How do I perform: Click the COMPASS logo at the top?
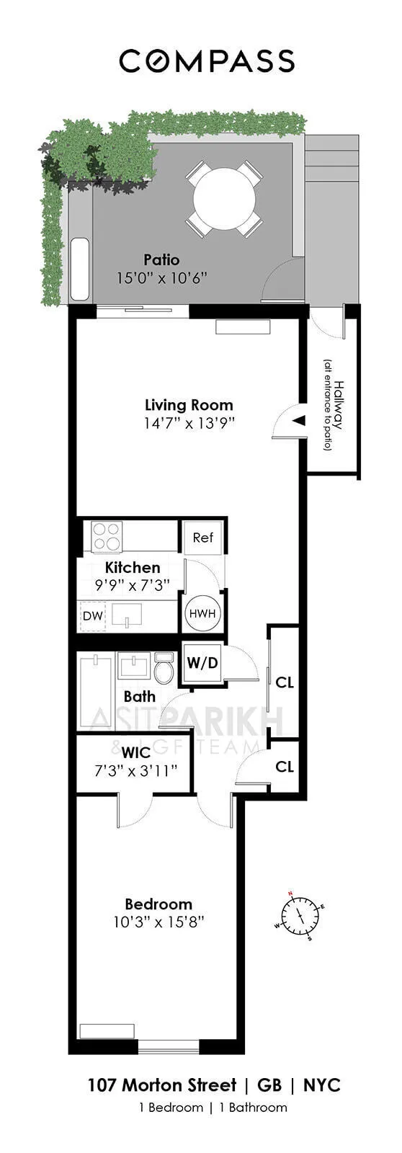tap(207, 61)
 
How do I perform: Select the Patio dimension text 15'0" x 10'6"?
tap(161, 277)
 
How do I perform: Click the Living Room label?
tap(189, 404)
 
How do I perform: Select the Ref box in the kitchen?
tap(202, 538)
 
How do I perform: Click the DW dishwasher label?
tap(92, 616)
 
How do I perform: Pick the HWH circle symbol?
tap(202, 614)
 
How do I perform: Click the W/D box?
tap(202, 662)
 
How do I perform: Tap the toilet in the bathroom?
tap(164, 668)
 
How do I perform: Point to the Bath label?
tap(139, 696)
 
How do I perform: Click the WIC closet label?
tap(136, 753)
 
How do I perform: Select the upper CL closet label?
tap(285, 682)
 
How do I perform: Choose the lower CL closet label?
tap(285, 767)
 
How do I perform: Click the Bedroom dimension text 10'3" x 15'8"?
tap(158, 922)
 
